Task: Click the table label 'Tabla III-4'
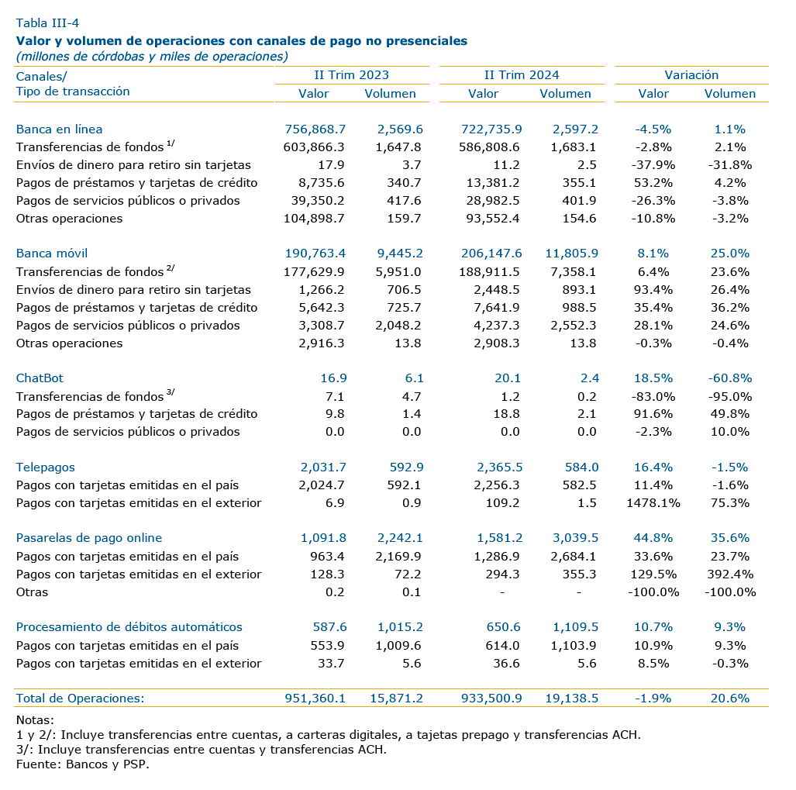click(47, 22)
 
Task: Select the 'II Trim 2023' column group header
click(351, 75)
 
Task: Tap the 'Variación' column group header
click(691, 75)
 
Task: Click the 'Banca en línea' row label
click(59, 129)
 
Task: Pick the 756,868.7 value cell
click(315, 129)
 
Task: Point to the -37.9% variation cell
click(653, 165)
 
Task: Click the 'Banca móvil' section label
click(52, 254)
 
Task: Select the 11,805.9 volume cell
click(572, 254)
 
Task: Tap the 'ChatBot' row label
click(40, 378)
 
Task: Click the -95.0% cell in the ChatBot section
click(730, 396)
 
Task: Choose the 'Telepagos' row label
click(45, 467)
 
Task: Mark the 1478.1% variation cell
click(653, 503)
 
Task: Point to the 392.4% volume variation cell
click(730, 574)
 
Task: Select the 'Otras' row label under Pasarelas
click(32, 592)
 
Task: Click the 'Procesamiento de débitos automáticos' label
click(129, 627)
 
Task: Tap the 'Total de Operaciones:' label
click(80, 698)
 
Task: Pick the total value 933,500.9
click(491, 698)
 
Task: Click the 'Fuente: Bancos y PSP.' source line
click(83, 764)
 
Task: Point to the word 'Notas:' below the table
click(35, 720)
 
